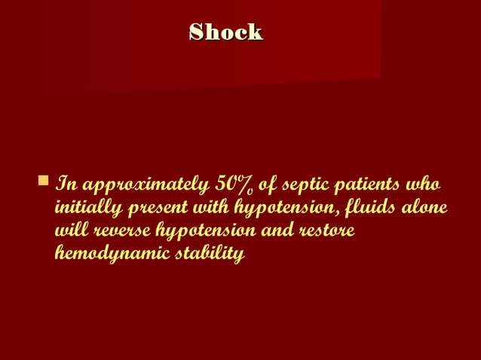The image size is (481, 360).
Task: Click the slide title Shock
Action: pos(225,32)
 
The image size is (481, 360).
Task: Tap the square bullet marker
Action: pos(42,181)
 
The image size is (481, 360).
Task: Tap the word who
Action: pos(424,185)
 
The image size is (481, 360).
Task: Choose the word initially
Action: pos(83,209)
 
